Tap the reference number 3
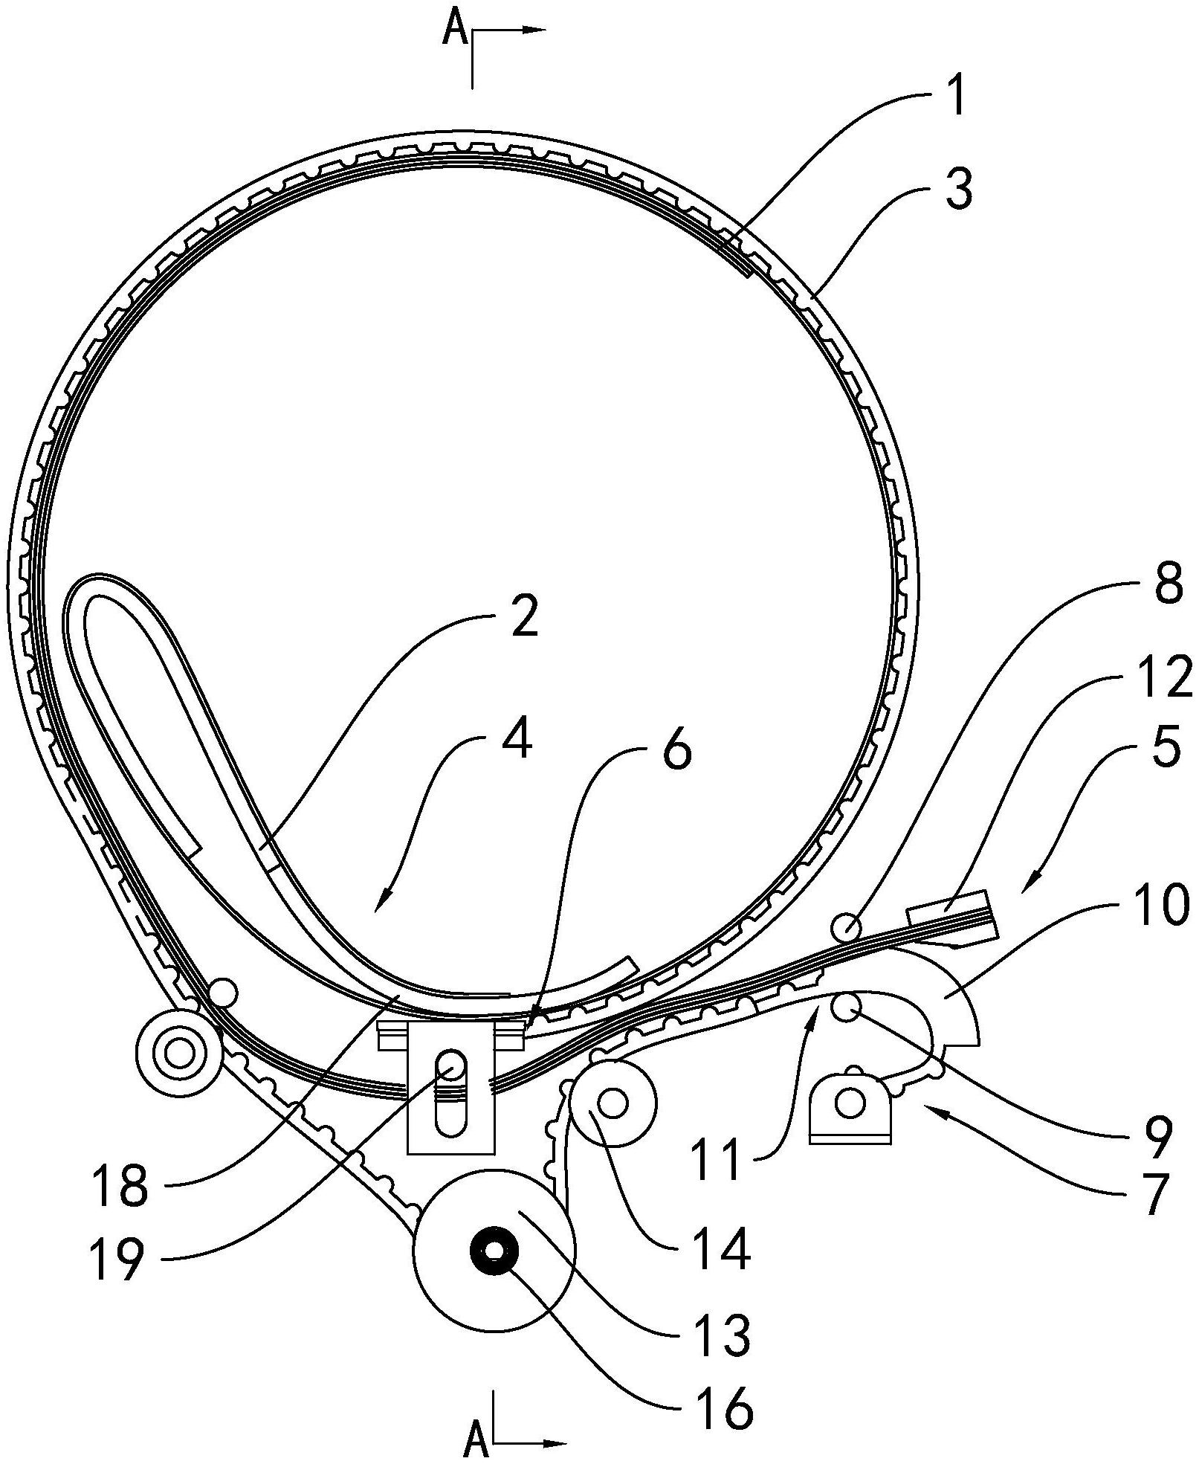959,189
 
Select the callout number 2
524,618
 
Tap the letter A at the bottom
476,1442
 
